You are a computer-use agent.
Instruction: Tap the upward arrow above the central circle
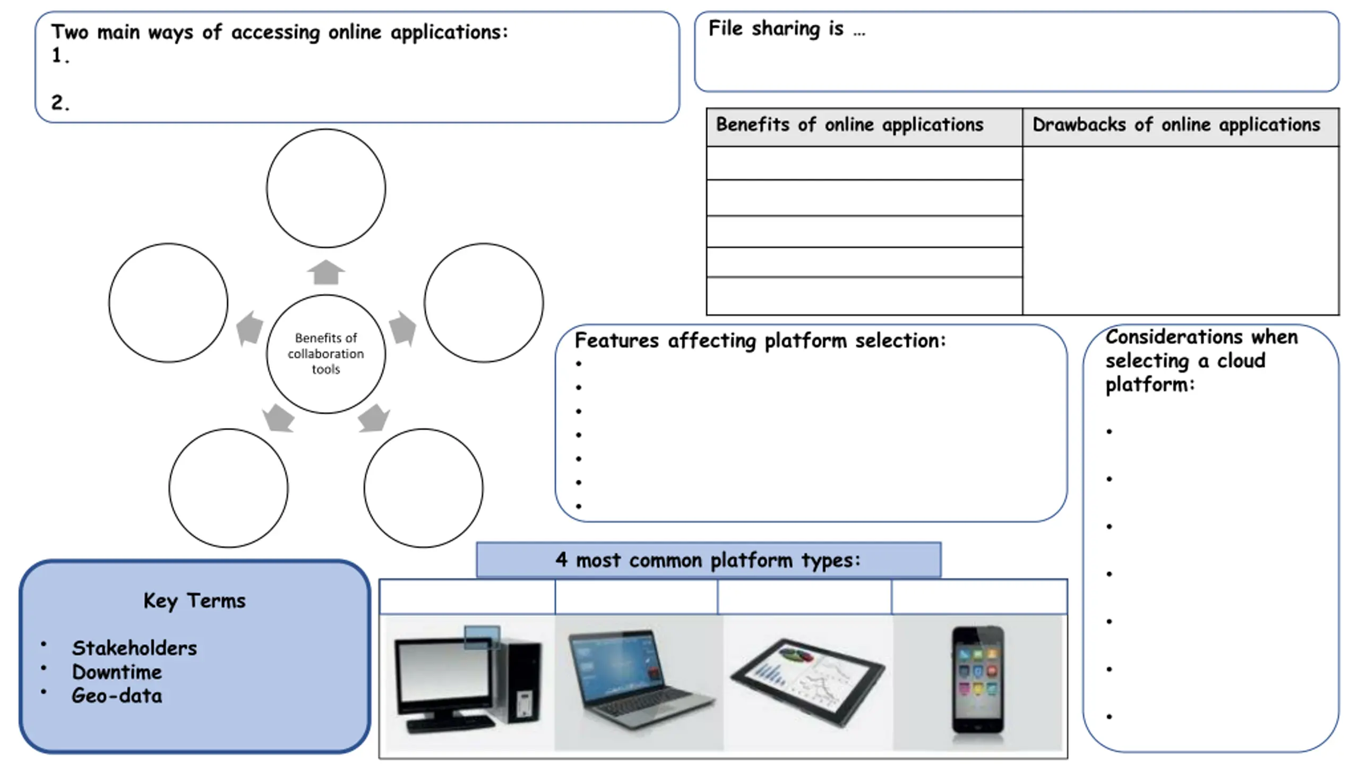326,272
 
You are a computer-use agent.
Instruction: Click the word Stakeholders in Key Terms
134,648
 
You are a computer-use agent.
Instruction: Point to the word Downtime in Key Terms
117,672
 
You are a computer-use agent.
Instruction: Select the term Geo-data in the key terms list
117,696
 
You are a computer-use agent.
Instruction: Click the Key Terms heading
194,601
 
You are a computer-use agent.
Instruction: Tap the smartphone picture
978,680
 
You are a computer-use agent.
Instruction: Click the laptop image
639,680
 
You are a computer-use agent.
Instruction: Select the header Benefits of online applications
849,125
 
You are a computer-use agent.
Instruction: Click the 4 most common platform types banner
709,560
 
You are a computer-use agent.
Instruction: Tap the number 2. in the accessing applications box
60,102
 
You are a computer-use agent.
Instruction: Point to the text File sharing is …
787,28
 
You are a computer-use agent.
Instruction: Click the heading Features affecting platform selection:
760,341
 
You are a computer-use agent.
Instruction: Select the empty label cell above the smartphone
979,597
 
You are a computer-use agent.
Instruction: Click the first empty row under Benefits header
864,163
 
